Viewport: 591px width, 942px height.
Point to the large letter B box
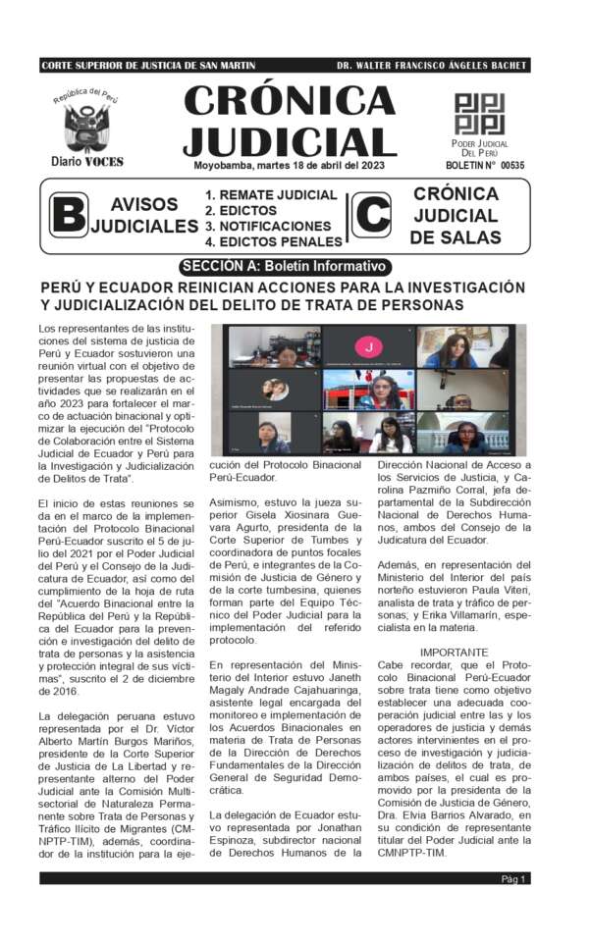[68, 215]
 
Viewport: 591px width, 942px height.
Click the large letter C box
[370, 215]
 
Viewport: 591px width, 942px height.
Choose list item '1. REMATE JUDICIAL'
[271, 195]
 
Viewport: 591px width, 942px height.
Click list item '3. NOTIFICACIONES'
[268, 226]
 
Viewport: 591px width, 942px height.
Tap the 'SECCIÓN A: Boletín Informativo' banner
[286, 267]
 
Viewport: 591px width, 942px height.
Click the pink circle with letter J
[368, 346]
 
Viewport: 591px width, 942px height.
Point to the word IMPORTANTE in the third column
[454, 653]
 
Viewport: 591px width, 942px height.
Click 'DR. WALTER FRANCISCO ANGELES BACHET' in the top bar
[432, 66]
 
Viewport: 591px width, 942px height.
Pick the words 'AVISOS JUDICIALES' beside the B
[143, 216]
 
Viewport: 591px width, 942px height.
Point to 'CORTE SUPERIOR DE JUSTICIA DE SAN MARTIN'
[148, 66]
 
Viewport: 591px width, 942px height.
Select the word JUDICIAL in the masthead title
[290, 139]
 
